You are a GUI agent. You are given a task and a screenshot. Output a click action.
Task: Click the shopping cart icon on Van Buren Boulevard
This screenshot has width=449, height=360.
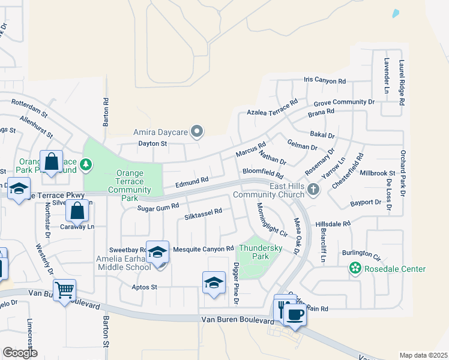(x=64, y=290)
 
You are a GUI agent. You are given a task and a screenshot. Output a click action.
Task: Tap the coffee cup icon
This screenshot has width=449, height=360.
(x=294, y=314)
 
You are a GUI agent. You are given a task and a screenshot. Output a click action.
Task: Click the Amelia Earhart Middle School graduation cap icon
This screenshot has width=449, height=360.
(x=158, y=253)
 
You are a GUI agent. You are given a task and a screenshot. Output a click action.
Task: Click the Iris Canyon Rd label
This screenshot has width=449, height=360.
(x=325, y=80)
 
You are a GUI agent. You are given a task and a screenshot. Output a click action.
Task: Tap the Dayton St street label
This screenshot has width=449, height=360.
(x=152, y=143)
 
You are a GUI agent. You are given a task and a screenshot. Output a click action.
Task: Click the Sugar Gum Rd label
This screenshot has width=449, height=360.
(x=158, y=206)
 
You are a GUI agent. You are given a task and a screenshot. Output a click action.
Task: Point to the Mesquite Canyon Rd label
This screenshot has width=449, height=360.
(x=203, y=248)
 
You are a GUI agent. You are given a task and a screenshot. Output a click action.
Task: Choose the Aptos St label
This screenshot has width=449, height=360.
(x=145, y=287)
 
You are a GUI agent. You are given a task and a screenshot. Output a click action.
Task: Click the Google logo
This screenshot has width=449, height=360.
(x=20, y=352)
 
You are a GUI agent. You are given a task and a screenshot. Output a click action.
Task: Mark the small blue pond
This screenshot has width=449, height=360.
(x=395, y=13)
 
